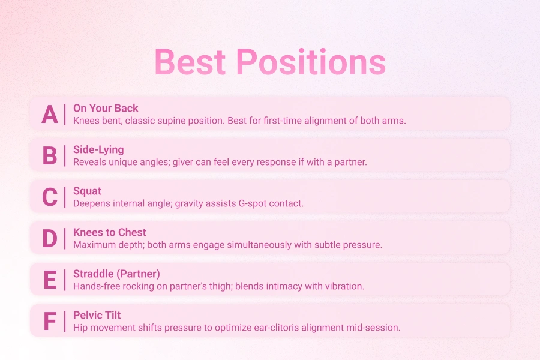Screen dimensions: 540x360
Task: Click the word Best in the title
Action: pos(190,62)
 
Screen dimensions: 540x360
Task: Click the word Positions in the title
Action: pos(311,61)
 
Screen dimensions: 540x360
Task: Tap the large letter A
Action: pos(50,115)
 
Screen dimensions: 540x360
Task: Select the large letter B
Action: pos(50,156)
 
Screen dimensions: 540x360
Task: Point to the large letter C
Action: pos(50,197)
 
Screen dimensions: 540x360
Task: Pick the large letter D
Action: pos(50,238)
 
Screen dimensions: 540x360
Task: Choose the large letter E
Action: pos(50,280)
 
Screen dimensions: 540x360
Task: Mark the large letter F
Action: pos(50,321)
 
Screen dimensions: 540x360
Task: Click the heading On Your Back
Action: pos(106,108)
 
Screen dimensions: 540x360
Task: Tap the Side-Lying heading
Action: pos(98,150)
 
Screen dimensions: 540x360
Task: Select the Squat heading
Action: pos(88,191)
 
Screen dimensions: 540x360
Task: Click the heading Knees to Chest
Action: pos(110,232)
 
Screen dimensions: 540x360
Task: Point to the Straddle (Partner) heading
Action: pos(117,274)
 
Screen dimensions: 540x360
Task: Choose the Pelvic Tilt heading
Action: pos(97,315)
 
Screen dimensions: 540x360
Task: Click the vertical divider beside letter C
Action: pos(65,197)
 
